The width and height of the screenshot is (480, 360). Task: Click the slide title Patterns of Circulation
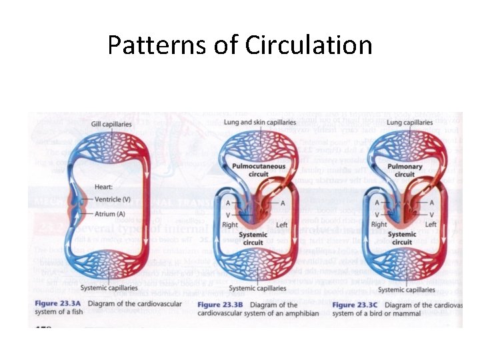click(x=240, y=45)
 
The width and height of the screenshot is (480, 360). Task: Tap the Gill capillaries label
click(x=111, y=124)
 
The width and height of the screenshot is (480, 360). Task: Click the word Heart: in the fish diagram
click(x=105, y=187)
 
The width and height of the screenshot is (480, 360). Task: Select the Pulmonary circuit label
click(x=404, y=170)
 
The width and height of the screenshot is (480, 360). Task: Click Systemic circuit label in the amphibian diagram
click(x=253, y=239)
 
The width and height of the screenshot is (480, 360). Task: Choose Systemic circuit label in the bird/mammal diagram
click(x=402, y=239)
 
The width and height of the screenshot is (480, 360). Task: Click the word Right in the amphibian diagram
click(x=230, y=225)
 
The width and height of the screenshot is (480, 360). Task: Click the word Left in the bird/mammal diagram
click(x=431, y=225)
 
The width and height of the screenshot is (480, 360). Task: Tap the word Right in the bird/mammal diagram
click(x=379, y=225)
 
